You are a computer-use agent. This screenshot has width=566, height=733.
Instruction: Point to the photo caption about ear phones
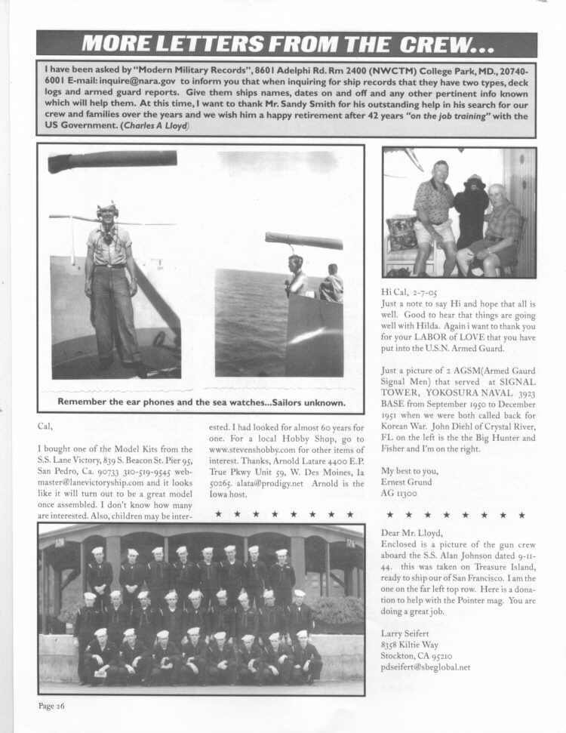[x=201, y=402]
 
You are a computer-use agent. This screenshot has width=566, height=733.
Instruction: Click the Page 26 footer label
[x=54, y=706]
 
